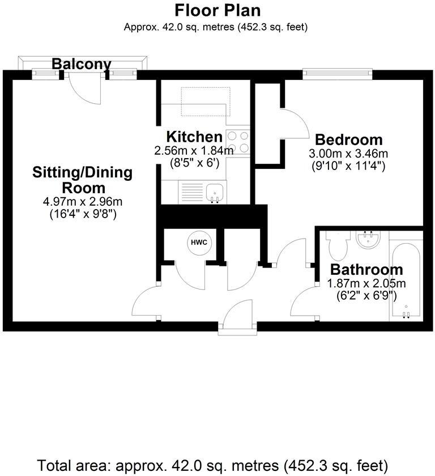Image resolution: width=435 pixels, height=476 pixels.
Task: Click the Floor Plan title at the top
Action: (217, 10)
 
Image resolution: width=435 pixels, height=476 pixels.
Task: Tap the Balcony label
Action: (81, 64)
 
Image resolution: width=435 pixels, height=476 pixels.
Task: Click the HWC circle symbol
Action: (199, 243)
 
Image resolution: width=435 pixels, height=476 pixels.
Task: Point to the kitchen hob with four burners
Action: (238, 142)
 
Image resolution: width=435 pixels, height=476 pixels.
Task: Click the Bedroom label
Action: (348, 139)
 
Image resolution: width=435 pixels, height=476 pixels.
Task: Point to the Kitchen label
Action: (194, 137)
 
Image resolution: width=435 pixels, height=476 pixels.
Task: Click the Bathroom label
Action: (366, 270)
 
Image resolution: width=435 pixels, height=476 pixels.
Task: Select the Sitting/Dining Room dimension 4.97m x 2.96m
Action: (83, 202)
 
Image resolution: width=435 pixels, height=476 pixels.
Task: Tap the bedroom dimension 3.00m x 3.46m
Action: (348, 154)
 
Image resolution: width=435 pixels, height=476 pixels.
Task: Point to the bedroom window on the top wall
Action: (338, 73)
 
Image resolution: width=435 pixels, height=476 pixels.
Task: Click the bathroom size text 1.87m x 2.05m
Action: (366, 283)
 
